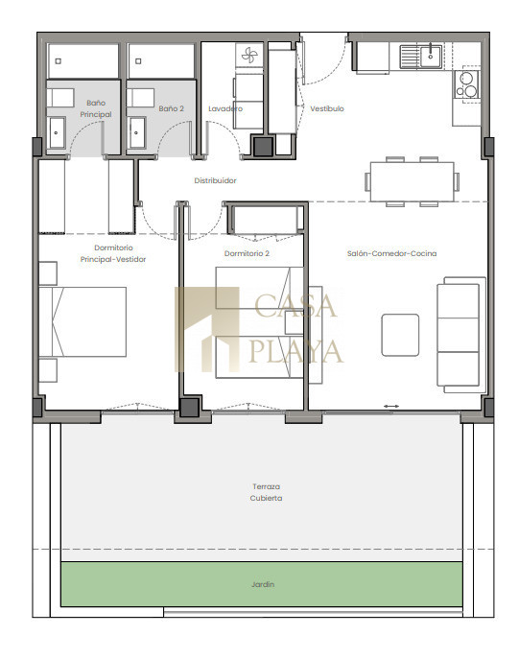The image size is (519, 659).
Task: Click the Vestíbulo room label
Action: [327, 108]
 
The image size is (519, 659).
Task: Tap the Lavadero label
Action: [225, 108]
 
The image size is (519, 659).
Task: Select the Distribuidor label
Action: [215, 180]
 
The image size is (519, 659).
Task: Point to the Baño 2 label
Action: [172, 108]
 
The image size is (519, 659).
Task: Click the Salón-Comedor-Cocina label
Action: [391, 253]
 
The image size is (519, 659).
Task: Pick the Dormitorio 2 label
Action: [247, 253]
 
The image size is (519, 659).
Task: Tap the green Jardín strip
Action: [262, 584]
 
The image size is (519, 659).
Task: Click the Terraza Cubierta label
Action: [266, 492]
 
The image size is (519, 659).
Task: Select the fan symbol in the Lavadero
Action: [248, 55]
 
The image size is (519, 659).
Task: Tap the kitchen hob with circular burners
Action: [467, 84]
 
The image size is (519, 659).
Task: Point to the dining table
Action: [412, 181]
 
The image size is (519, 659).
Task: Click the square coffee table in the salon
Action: [400, 335]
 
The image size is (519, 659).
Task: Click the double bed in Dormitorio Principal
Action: [83, 322]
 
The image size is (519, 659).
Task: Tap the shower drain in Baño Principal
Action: [58, 61]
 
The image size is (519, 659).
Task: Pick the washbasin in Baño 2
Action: [136, 132]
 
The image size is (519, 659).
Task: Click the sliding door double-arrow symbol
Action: [391, 406]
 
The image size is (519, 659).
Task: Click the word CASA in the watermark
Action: [295, 306]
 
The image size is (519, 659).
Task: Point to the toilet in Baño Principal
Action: [60, 98]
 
